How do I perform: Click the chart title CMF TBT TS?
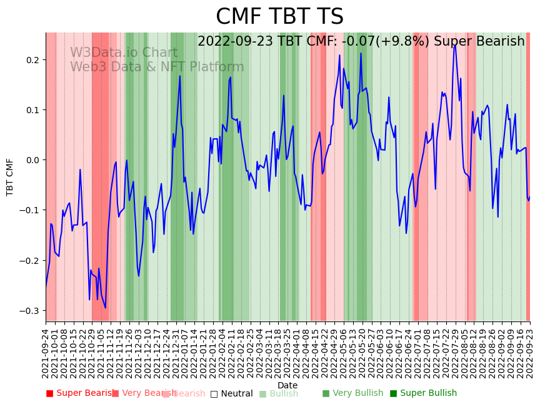pos(279,17)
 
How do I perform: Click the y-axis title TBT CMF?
pos(10,178)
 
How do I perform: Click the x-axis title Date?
pos(287,385)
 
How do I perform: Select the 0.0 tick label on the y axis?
pos(31,160)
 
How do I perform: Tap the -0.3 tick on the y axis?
pos(29,311)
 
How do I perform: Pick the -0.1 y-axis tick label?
pos(29,210)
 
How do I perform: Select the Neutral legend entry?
pos(232,393)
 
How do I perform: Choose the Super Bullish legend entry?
pos(424,393)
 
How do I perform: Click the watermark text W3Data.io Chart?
pos(124,53)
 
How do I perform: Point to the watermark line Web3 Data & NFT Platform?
pos(157,67)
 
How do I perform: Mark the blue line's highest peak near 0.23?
pos(455,45)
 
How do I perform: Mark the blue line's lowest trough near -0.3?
pos(106,308)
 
